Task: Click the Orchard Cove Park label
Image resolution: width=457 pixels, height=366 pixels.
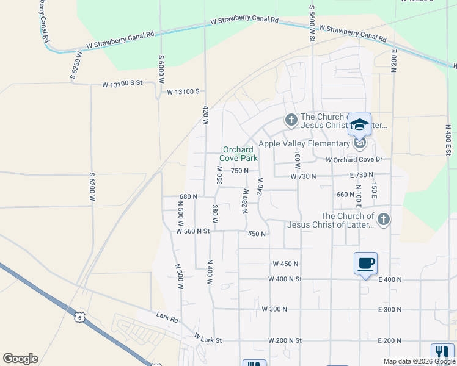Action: [238, 154]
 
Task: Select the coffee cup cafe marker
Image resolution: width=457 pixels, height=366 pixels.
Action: [365, 264]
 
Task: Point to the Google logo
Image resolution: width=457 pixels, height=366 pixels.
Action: [20, 359]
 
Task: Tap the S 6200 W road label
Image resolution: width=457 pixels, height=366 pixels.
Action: [93, 187]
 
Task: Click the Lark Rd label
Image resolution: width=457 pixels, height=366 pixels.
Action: [167, 317]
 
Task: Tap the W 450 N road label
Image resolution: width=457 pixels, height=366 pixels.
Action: [285, 264]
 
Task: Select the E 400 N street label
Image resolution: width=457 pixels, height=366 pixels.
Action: [390, 279]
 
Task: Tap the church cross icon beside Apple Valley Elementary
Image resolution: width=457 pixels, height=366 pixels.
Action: [291, 119]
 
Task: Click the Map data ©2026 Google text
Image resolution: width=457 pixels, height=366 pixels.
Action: [419, 361]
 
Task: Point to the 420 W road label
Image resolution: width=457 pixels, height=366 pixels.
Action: [206, 114]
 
